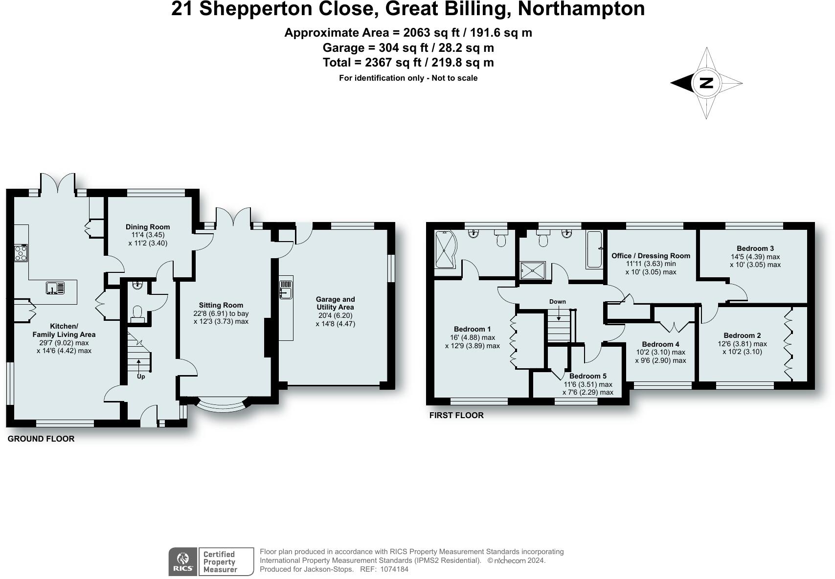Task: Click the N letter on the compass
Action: click(706, 83)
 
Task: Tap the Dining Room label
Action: click(148, 226)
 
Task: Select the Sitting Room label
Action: click(221, 305)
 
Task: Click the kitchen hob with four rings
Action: click(21, 253)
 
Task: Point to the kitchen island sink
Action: click(55, 288)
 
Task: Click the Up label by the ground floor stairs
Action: click(141, 377)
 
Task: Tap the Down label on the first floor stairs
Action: click(557, 301)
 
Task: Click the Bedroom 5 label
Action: click(588, 376)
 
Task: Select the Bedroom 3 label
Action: click(755, 248)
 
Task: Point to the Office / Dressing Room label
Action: click(651, 256)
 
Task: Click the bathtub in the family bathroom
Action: click(594, 249)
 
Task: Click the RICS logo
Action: click(182, 561)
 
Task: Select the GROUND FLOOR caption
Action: click(41, 439)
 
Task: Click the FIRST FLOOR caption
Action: click(456, 415)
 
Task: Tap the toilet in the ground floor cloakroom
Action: click(137, 314)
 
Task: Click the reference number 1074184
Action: click(394, 569)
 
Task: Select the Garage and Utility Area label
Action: click(335, 303)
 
